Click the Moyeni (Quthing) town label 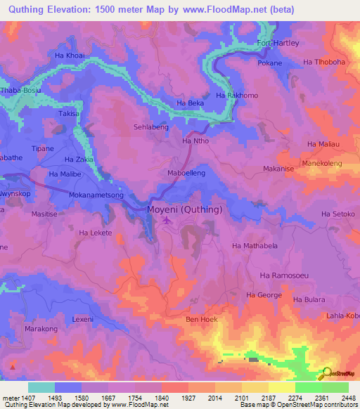tap(184, 209)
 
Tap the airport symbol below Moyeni tap(167, 222)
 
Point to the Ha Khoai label tap(70, 54)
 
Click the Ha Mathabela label tap(255, 246)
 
